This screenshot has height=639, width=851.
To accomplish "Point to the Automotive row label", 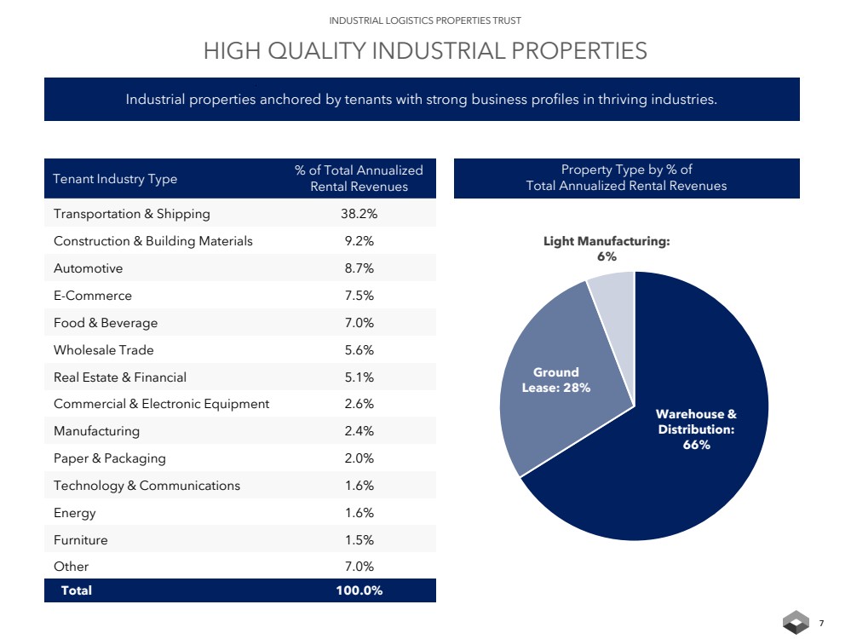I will coord(89,268).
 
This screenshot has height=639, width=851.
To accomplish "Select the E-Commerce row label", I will coord(93,296).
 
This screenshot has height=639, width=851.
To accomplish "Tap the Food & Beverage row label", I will coord(106,323).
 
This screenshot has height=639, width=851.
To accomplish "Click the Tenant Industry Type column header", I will coord(115,179).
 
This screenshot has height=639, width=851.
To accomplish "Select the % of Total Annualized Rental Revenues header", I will coord(359,178).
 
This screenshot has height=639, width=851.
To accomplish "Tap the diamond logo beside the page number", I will coord(796,623).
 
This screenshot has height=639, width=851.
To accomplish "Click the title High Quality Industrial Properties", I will coord(425,51).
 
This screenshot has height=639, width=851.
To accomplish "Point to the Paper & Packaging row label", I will coord(110,458).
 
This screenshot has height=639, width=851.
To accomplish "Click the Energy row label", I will coord(75,513).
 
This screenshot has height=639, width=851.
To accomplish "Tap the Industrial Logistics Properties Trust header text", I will coord(425,20).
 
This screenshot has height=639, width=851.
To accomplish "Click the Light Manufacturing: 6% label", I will coord(607,249).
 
